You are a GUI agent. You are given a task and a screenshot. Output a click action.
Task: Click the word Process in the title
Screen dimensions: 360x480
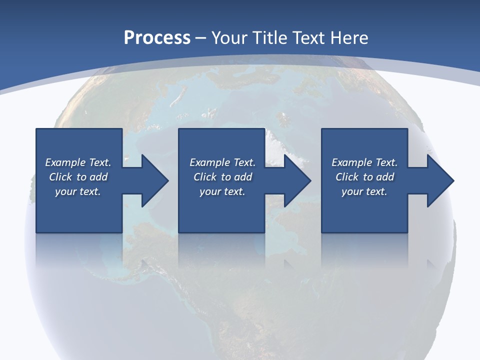coord(157,38)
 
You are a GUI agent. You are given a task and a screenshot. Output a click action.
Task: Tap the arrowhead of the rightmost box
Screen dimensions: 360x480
coord(439,180)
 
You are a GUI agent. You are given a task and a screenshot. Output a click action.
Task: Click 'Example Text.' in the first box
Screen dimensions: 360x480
coord(78,162)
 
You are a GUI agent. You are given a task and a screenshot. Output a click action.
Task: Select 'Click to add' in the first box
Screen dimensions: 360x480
coord(78,177)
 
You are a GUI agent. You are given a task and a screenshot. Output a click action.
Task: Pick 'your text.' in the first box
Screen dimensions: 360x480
coord(78,191)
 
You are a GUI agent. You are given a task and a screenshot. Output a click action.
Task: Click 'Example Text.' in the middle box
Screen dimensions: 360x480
coord(222,162)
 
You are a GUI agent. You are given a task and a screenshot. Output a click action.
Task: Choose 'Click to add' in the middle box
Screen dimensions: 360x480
coord(222,177)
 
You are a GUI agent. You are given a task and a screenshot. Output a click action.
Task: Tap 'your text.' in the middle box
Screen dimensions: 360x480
coord(222,191)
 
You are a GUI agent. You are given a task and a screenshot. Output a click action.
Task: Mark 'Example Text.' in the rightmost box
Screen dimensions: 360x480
coord(364,162)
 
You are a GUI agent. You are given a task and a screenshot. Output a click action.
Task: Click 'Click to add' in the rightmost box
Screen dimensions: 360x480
coord(364,177)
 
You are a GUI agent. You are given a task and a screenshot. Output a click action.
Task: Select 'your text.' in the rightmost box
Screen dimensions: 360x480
coord(364,191)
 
